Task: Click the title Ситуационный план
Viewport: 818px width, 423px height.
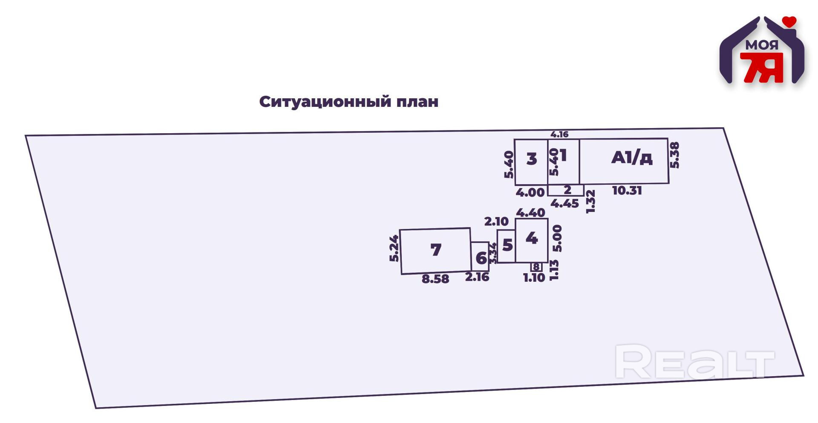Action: click(x=349, y=102)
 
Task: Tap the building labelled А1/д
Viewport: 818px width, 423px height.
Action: click(x=631, y=158)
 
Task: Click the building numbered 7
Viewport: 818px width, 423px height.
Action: click(x=435, y=250)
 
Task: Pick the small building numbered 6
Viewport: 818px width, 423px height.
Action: click(x=481, y=257)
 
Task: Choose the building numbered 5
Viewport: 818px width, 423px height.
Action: click(x=507, y=246)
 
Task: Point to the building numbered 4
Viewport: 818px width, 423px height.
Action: click(x=531, y=238)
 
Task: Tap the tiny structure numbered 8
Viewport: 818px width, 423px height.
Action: click(x=536, y=267)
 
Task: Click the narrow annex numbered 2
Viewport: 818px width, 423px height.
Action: click(x=567, y=190)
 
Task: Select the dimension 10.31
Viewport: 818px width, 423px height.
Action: click(x=627, y=191)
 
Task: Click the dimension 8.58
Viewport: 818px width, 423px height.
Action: click(x=435, y=279)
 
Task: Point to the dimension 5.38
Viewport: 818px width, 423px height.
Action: click(x=674, y=155)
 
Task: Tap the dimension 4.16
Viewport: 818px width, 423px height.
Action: click(x=559, y=134)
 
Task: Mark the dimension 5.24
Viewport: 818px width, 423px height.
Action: click(x=394, y=249)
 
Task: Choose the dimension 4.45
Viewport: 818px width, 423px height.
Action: click(x=565, y=204)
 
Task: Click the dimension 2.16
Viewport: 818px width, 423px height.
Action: click(x=477, y=277)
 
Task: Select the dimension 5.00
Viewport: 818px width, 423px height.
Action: click(x=557, y=239)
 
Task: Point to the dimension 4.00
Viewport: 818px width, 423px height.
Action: click(x=530, y=193)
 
